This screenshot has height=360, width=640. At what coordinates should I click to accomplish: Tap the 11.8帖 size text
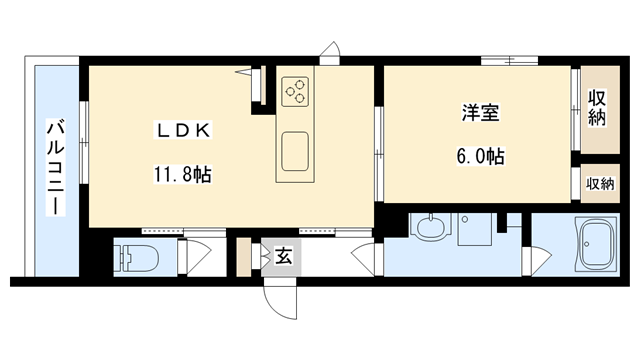tap(181, 172)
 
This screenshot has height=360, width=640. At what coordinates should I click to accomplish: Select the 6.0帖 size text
tap(481, 156)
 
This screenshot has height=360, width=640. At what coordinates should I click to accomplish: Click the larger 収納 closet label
tap(598, 109)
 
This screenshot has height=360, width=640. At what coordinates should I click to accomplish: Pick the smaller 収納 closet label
tap(600, 183)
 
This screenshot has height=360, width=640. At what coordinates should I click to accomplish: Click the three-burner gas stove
tap(295, 92)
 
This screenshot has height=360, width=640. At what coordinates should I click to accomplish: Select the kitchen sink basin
tap(296, 153)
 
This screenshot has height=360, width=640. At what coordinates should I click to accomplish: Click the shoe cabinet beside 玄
tap(243, 257)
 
